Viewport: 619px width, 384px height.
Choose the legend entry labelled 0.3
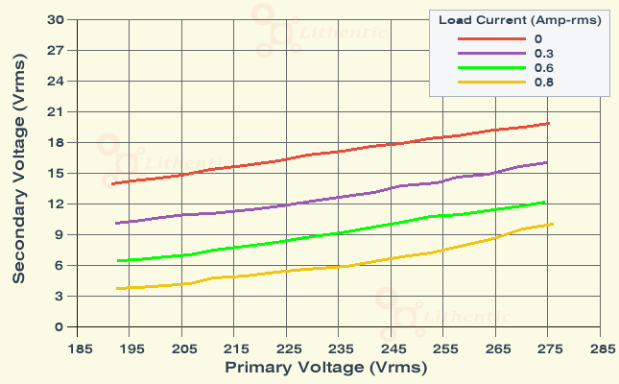[543, 53]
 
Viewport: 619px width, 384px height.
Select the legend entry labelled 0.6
[543, 68]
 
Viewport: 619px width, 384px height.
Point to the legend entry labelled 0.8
[543, 83]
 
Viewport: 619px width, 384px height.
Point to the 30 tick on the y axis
[56, 19]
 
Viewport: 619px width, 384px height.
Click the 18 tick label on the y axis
[56, 142]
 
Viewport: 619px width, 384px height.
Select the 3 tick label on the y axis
[60, 296]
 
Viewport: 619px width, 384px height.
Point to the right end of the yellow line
[553, 224]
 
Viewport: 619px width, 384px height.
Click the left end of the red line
[113, 183]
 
